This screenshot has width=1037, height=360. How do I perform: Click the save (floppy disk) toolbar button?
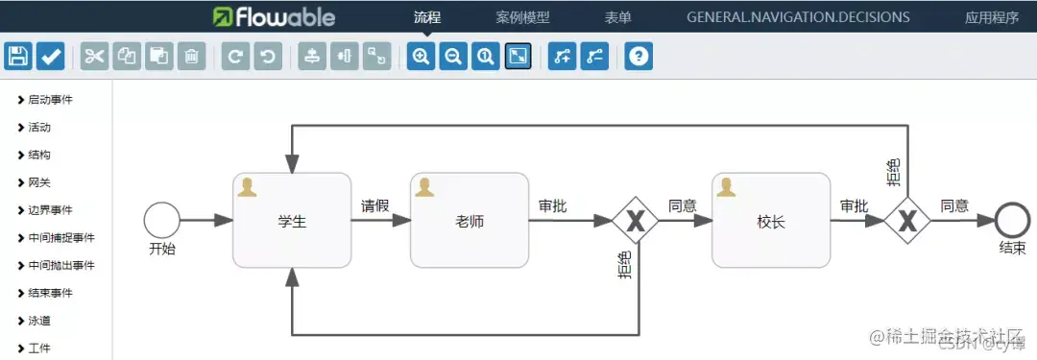[19, 57]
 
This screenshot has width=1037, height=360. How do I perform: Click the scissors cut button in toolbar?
[94, 57]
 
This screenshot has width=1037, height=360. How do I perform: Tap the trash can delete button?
[192, 57]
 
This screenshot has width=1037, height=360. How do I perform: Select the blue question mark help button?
[639, 57]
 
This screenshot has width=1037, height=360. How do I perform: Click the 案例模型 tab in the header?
[522, 17]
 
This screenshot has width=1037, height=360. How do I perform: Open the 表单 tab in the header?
[618, 17]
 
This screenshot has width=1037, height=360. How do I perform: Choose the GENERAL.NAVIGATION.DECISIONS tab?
[798, 17]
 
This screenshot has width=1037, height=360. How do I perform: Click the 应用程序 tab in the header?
[992, 17]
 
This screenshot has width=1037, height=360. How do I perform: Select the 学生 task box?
[292, 221]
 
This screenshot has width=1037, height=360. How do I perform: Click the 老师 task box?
[470, 221]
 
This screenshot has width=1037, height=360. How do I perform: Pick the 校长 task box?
[771, 221]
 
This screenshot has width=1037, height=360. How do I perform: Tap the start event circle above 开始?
[161, 220]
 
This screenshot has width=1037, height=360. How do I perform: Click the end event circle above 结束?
[1012, 220]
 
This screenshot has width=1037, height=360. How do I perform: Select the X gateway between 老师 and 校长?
[635, 221]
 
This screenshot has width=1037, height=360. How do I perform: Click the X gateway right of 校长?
[906, 221]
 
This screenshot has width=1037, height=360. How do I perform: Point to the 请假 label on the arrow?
[374, 205]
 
